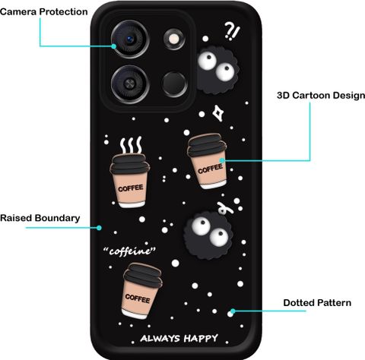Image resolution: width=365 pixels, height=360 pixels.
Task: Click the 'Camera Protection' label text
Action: (x=44, y=12)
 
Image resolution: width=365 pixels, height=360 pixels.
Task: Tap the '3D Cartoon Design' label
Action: (x=321, y=96)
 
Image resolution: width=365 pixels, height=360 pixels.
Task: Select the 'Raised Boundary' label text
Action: (x=40, y=218)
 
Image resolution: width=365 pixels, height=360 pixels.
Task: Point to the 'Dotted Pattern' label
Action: (x=317, y=303)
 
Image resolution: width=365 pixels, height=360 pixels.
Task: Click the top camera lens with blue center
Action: (x=130, y=39)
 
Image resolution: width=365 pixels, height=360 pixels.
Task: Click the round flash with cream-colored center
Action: (x=174, y=39)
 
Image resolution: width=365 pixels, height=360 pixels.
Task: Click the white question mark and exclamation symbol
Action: (x=232, y=31)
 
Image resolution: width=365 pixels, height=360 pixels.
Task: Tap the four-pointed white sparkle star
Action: (x=217, y=113)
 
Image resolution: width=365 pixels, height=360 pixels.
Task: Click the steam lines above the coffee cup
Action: (x=131, y=145)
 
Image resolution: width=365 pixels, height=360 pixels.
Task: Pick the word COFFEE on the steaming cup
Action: (x=131, y=188)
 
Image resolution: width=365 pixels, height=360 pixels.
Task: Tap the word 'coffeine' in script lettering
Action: (x=129, y=251)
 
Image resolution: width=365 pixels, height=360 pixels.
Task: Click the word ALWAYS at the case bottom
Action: (x=160, y=338)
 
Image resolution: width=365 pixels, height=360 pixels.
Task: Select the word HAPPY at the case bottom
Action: (x=201, y=338)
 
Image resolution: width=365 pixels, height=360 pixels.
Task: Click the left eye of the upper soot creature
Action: (x=208, y=59)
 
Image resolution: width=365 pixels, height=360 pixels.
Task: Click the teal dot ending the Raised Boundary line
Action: (x=99, y=228)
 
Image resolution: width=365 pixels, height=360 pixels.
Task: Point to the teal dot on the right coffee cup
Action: (x=222, y=160)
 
